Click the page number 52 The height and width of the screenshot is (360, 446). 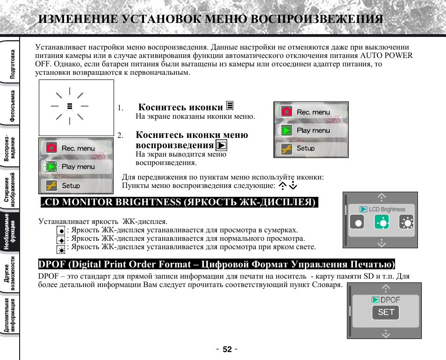click(227, 349)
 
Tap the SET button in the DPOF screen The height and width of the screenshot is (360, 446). click(386, 312)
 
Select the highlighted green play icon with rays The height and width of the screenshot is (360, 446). click(52, 166)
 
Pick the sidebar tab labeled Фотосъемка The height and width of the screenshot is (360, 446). click(13, 106)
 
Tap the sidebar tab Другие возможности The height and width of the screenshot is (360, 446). click(10, 274)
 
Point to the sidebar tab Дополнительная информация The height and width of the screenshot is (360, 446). click(10, 315)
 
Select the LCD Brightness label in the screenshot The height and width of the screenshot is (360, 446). click(387, 209)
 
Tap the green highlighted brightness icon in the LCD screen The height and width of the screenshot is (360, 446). click(382, 223)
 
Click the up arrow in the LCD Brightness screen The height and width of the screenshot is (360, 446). click(382, 197)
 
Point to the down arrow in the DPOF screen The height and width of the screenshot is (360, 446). click(386, 333)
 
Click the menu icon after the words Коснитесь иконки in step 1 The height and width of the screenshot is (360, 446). click(230, 106)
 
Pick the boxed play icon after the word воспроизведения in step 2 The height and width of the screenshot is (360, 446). click(222, 144)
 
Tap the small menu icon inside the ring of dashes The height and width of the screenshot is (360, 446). click(69, 106)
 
